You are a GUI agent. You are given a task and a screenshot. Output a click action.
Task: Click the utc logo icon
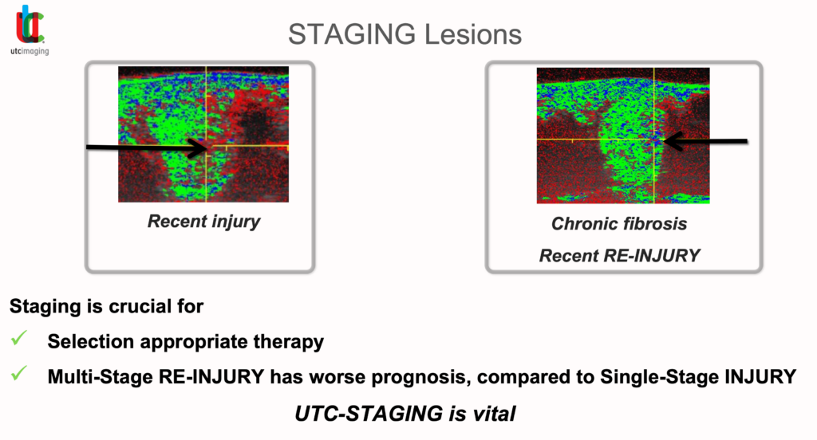point(30,25)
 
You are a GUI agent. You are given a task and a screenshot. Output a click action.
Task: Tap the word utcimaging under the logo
point(30,51)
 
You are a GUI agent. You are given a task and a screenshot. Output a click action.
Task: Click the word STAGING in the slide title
point(352,35)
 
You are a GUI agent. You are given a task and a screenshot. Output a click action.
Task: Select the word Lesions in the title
point(473,34)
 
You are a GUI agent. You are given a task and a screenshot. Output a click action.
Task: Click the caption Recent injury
point(203,222)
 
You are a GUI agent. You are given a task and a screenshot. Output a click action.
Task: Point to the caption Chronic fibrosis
point(619,223)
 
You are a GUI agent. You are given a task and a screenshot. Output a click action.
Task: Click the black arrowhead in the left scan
point(198,147)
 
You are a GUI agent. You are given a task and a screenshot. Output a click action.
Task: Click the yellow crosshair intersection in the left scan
point(207,147)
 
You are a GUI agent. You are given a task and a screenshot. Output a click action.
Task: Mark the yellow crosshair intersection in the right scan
point(654,139)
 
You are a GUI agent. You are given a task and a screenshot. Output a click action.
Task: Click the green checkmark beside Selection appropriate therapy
point(19,339)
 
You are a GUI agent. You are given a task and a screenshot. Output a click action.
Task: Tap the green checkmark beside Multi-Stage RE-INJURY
point(19,373)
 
